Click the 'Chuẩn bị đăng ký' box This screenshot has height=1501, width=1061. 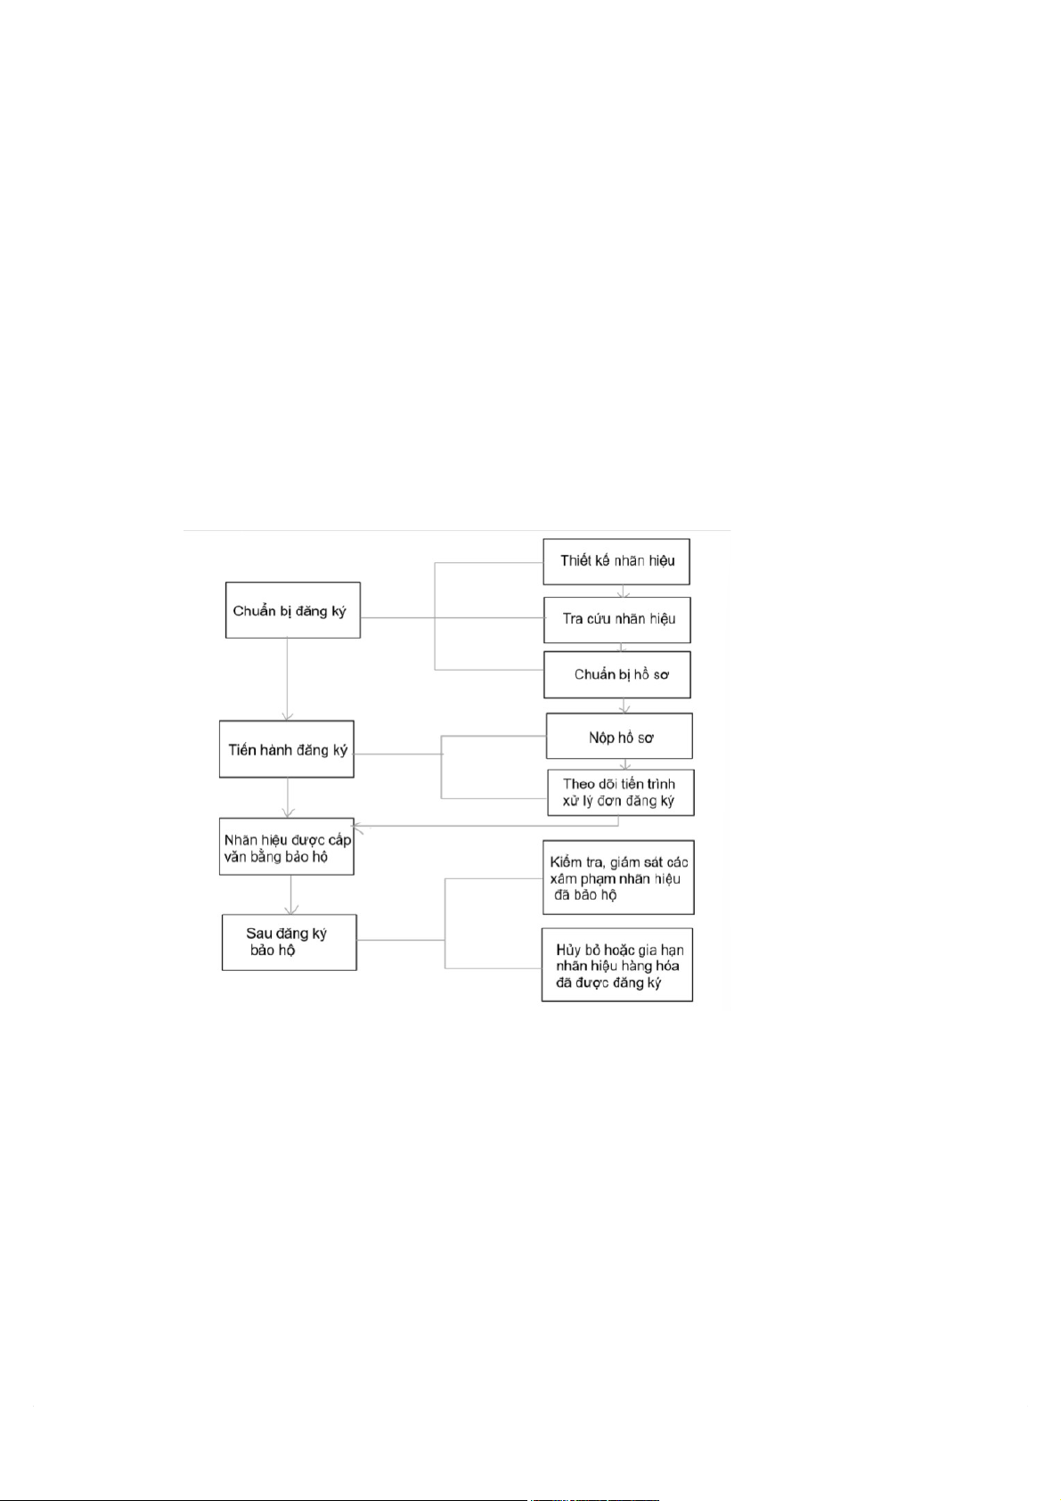coord(292,610)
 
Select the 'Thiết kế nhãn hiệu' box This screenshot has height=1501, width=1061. coord(616,560)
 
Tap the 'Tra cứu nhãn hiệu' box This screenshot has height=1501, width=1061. coord(617,618)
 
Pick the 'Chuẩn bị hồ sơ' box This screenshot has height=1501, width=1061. coord(617,674)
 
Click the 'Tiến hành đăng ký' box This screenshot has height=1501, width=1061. coord(287,749)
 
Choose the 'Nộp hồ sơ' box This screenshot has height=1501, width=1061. coord(619,737)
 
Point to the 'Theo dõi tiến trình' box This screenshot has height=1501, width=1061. coord(620,792)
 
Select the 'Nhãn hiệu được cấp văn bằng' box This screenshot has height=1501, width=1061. coord(287,847)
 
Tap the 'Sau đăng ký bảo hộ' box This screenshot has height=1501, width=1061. coord(289,942)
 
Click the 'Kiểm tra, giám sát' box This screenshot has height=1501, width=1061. coord(618,877)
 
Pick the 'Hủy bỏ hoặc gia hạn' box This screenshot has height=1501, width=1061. coord(617,966)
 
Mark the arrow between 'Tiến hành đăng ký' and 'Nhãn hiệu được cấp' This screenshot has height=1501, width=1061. coord(288,798)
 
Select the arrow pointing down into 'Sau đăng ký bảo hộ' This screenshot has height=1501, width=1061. coord(290,894)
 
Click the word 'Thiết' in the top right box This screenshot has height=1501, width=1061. coord(575,560)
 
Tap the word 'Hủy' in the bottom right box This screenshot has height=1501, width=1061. coord(568,950)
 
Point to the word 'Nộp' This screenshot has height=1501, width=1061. coord(601,737)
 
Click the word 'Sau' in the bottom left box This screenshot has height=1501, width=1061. coord(258,934)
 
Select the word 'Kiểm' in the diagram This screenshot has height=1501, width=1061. coord(566,861)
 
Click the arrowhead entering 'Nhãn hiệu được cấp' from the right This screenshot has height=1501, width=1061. coord(358,827)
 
